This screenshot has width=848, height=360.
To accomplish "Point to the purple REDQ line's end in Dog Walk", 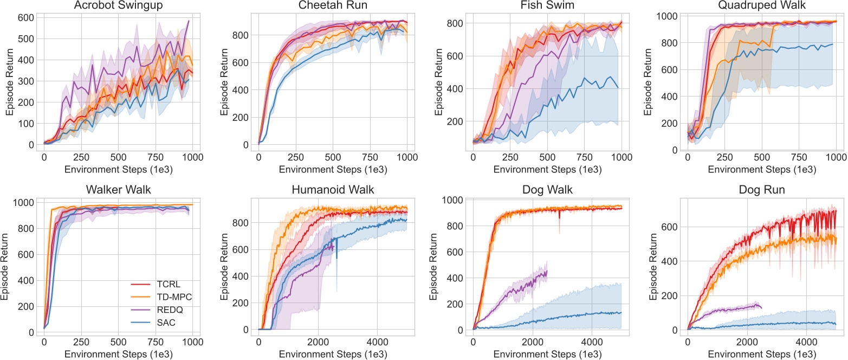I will coord(547,271).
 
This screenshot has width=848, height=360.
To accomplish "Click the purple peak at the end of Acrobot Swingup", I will coord(189,21).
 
